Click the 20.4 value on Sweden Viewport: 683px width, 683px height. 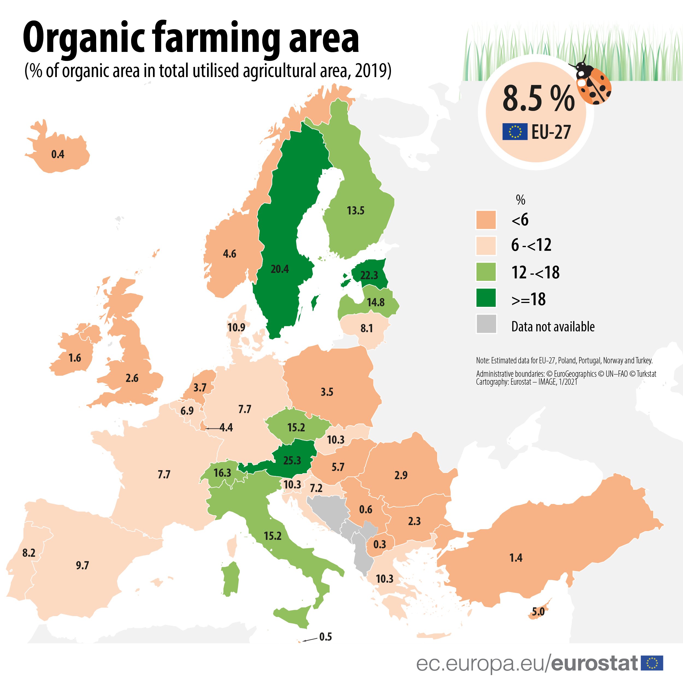click(280, 269)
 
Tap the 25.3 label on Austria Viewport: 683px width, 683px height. click(292, 461)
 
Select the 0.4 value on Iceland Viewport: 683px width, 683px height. click(58, 154)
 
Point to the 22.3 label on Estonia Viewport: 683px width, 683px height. click(369, 275)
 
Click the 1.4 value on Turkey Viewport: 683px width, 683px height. click(516, 558)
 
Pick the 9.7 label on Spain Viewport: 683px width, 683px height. click(83, 565)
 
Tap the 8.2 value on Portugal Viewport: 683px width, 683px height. click(29, 553)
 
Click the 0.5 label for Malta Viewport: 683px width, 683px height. click(325, 637)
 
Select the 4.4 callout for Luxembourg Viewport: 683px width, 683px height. click(226, 428)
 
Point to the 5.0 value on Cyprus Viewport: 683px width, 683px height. click(538, 612)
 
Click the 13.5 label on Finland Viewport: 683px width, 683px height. click(355, 211)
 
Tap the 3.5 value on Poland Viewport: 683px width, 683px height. click(327, 392)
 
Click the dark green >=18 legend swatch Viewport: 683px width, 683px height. click(486, 298)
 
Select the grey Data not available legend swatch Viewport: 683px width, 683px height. click(486, 324)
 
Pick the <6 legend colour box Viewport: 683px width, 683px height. click(486, 220)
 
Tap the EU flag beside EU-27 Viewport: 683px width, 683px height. click(515, 131)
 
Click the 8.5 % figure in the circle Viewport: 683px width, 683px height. click(538, 99)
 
